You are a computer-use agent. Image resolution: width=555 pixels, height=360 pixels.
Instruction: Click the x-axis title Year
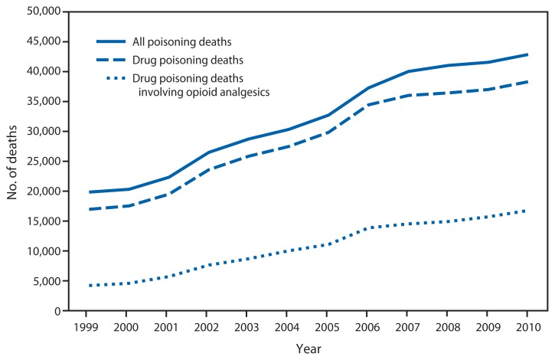pos(309,347)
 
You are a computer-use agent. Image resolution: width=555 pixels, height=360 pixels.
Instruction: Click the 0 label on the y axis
pos(56,311)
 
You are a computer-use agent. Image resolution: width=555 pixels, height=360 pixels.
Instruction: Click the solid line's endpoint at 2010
pos(527,54)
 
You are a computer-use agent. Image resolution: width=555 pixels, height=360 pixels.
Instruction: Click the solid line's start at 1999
pos(90,192)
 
